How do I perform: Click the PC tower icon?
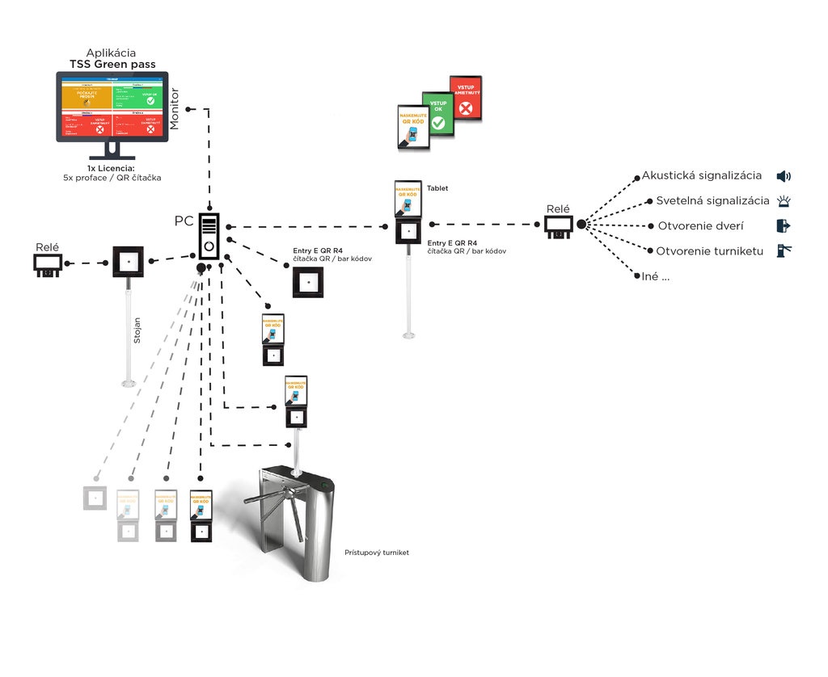(x=209, y=236)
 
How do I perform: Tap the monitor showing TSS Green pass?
(x=112, y=107)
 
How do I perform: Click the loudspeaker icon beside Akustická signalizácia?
(x=783, y=176)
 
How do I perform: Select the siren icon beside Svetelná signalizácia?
(x=783, y=201)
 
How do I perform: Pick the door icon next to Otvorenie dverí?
(x=783, y=225)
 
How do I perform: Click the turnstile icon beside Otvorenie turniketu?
(x=783, y=250)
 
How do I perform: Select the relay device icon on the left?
(x=48, y=263)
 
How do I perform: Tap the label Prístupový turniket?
(x=377, y=553)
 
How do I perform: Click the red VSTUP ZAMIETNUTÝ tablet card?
(x=466, y=99)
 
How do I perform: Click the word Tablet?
(x=437, y=188)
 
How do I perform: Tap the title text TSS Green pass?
(x=112, y=64)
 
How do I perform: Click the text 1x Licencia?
(x=112, y=168)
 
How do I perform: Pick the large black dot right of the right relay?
(x=581, y=224)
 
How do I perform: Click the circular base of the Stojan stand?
(x=128, y=382)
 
